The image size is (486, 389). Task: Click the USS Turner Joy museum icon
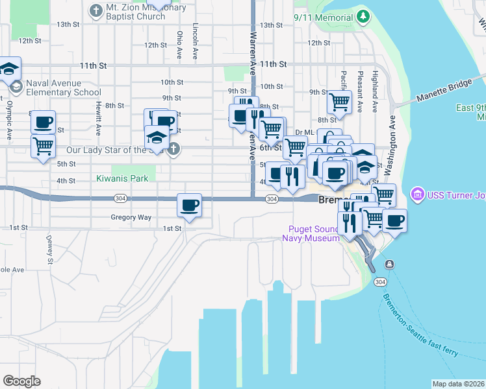tap(417, 194)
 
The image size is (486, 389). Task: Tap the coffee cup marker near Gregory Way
tap(189, 206)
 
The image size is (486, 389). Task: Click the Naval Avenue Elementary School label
tap(59, 88)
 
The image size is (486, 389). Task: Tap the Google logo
tap(21, 381)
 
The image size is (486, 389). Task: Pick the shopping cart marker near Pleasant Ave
tap(339, 101)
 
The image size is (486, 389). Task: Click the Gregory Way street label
tap(131, 218)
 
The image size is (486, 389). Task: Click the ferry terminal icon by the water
tap(389, 264)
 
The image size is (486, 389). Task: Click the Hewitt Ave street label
tap(97, 121)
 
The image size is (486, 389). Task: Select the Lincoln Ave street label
tap(195, 42)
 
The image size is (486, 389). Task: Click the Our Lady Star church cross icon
tap(173, 149)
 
